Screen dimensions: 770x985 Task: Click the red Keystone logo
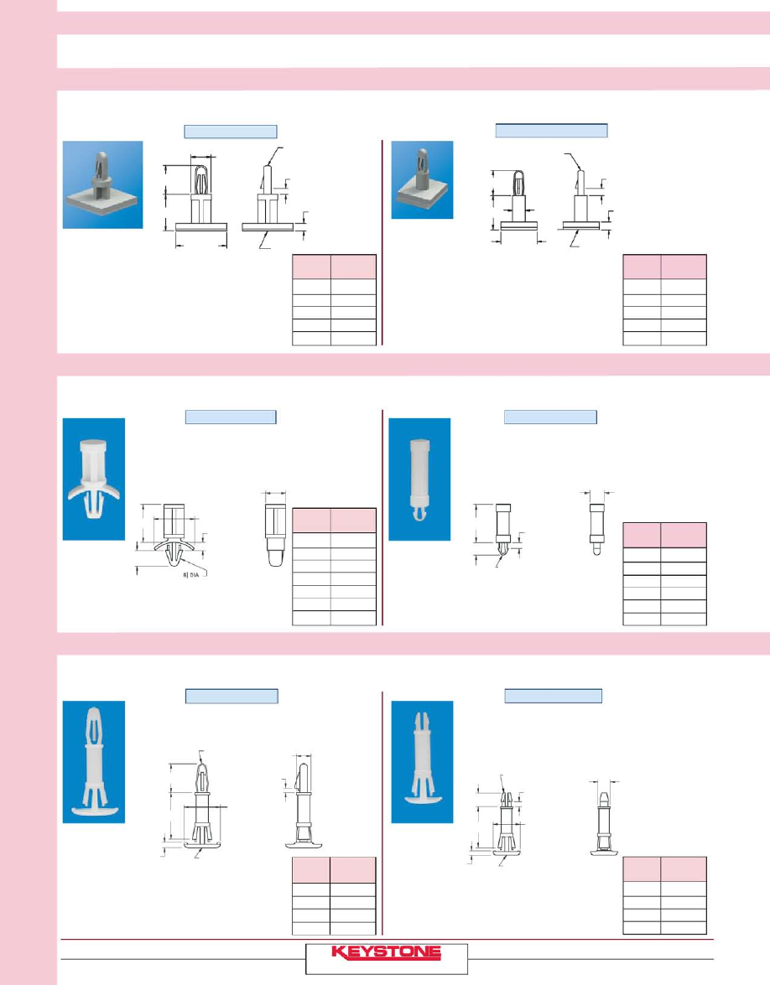point(386,953)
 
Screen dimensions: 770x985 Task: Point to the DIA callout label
point(190,575)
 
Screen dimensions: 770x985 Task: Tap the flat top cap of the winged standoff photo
point(93,447)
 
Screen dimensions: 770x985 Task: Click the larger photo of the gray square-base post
point(102,184)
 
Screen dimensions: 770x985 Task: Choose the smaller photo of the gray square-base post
point(422,179)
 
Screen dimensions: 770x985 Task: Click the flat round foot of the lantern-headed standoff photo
point(94,811)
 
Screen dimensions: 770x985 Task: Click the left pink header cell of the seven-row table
point(312,521)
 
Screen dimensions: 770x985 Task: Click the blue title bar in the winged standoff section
point(231,417)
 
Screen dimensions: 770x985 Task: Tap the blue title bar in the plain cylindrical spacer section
point(550,417)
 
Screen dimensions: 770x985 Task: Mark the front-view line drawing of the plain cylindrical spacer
point(503,531)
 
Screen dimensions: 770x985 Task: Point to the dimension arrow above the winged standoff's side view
point(275,493)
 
